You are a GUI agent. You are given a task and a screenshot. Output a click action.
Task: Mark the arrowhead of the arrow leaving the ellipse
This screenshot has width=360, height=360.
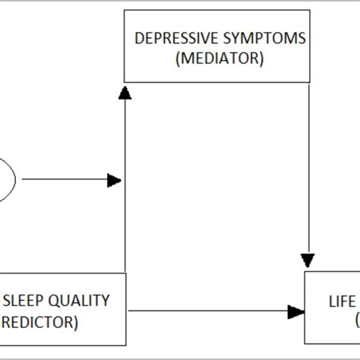click(115, 181)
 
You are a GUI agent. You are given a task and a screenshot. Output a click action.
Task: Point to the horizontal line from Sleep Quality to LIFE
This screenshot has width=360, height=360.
click(205, 311)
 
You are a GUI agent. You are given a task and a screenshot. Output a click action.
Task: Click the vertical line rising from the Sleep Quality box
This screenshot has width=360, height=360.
click(125, 228)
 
